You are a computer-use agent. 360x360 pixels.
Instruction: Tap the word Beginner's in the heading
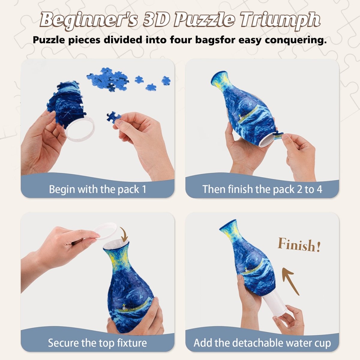pyautogui.click(x=88, y=20)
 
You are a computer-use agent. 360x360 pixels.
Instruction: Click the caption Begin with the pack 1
pyautogui.click(x=97, y=189)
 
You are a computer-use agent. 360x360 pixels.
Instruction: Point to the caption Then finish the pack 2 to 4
pyautogui.click(x=262, y=189)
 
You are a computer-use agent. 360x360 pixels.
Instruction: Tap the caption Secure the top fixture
pyautogui.click(x=97, y=343)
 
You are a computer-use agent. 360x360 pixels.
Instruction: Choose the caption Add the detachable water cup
pyautogui.click(x=262, y=343)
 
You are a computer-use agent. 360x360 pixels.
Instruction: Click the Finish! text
pyautogui.click(x=299, y=245)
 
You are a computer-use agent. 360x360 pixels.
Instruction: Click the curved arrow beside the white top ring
pyautogui.click(x=124, y=234)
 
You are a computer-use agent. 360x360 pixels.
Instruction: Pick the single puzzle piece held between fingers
pyautogui.click(x=114, y=117)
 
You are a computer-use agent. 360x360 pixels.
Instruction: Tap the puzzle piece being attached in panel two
pyautogui.click(x=278, y=136)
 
